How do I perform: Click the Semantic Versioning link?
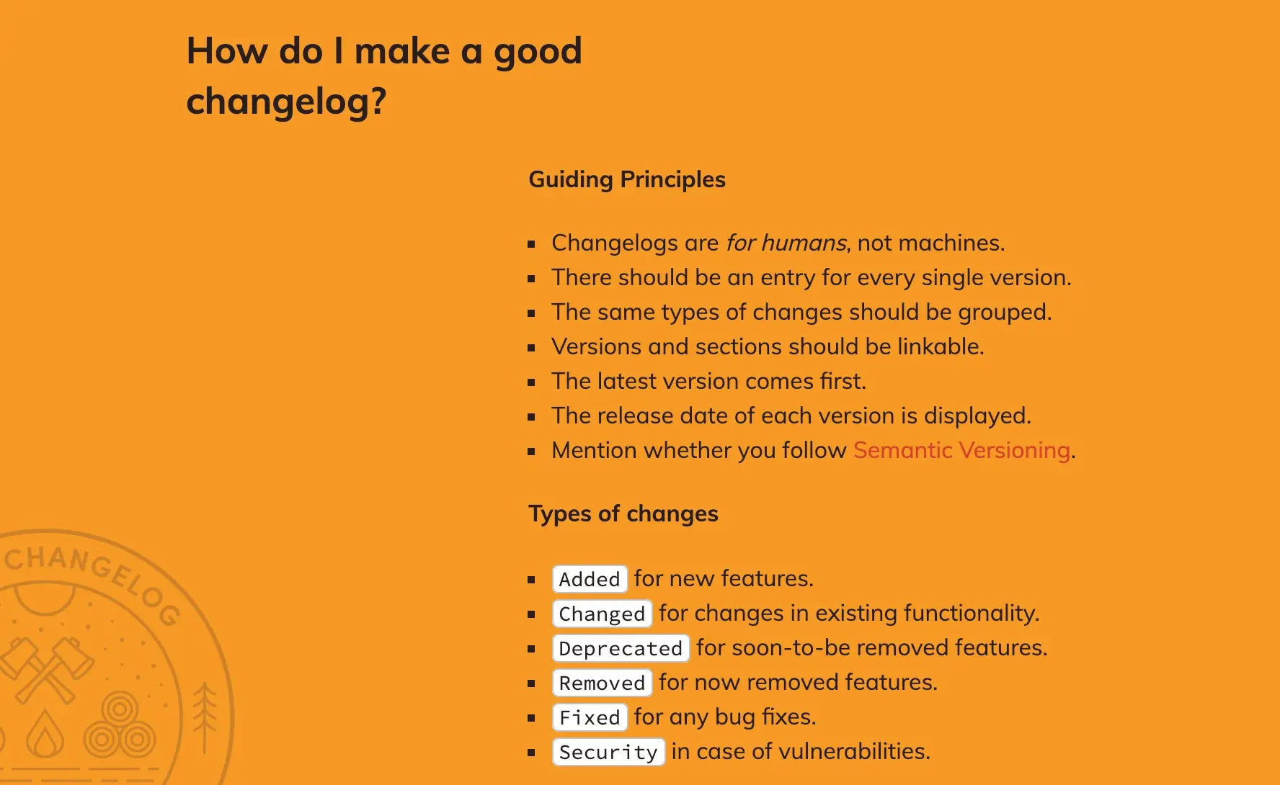click(961, 451)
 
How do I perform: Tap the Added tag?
click(590, 579)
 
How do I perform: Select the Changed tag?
click(602, 614)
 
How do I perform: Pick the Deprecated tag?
click(621, 648)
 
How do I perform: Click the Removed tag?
click(602, 683)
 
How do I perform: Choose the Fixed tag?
click(590, 717)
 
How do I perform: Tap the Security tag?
click(608, 752)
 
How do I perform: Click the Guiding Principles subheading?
click(627, 179)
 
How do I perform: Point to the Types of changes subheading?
click(623, 513)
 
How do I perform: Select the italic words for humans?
click(786, 243)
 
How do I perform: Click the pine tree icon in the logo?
click(205, 713)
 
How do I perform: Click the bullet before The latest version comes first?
click(532, 382)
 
